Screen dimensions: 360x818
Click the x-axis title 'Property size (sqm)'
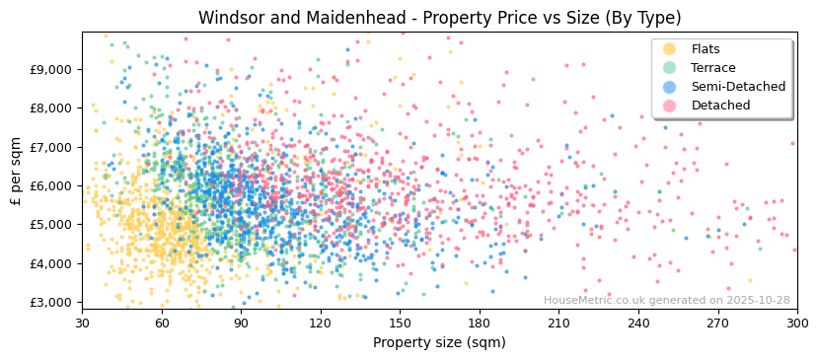click(x=439, y=342)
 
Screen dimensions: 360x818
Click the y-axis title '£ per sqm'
click(x=16, y=169)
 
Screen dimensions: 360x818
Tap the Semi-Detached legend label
click(x=738, y=87)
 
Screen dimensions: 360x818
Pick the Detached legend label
click(x=720, y=106)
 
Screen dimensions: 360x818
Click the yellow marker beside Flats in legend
click(x=670, y=49)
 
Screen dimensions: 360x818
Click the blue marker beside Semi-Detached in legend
click(x=670, y=87)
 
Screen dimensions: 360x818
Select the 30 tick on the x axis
click(x=82, y=323)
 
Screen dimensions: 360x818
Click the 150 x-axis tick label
click(x=400, y=323)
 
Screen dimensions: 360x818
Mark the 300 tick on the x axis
click(x=797, y=323)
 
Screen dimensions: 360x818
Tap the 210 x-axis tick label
click(x=558, y=323)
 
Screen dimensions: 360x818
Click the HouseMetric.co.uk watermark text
click(x=666, y=300)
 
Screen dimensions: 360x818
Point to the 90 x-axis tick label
click(x=241, y=323)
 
